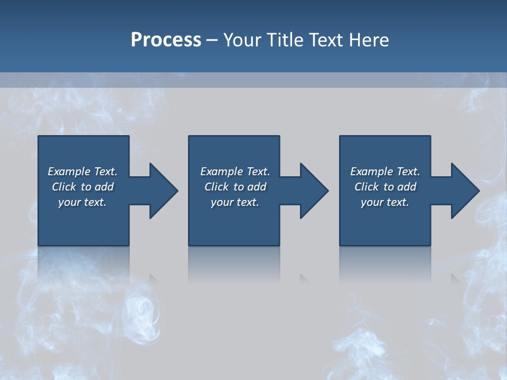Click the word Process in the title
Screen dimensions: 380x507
[x=166, y=40]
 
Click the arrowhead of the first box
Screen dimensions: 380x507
[x=164, y=191]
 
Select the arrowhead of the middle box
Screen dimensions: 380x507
[x=314, y=191]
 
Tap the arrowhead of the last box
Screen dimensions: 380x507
[x=465, y=191]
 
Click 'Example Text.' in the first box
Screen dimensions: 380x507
[x=82, y=172]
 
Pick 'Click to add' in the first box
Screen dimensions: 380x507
[x=82, y=187]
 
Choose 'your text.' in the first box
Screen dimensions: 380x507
[x=82, y=202]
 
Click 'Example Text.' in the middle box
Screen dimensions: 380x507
[x=235, y=172]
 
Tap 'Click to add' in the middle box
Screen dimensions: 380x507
[x=235, y=187]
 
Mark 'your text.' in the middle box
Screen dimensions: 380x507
[x=235, y=202]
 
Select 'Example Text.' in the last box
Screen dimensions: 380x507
[x=385, y=172]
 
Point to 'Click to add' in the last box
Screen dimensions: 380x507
[x=385, y=187]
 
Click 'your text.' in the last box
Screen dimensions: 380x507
[x=385, y=202]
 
